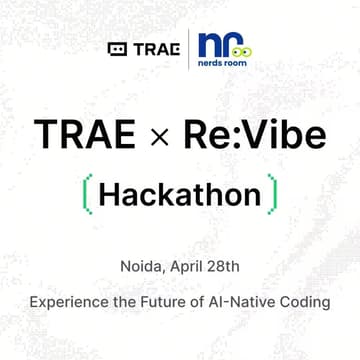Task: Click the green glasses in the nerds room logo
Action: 244,50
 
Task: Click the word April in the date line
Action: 189,267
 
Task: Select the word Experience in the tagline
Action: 66,300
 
